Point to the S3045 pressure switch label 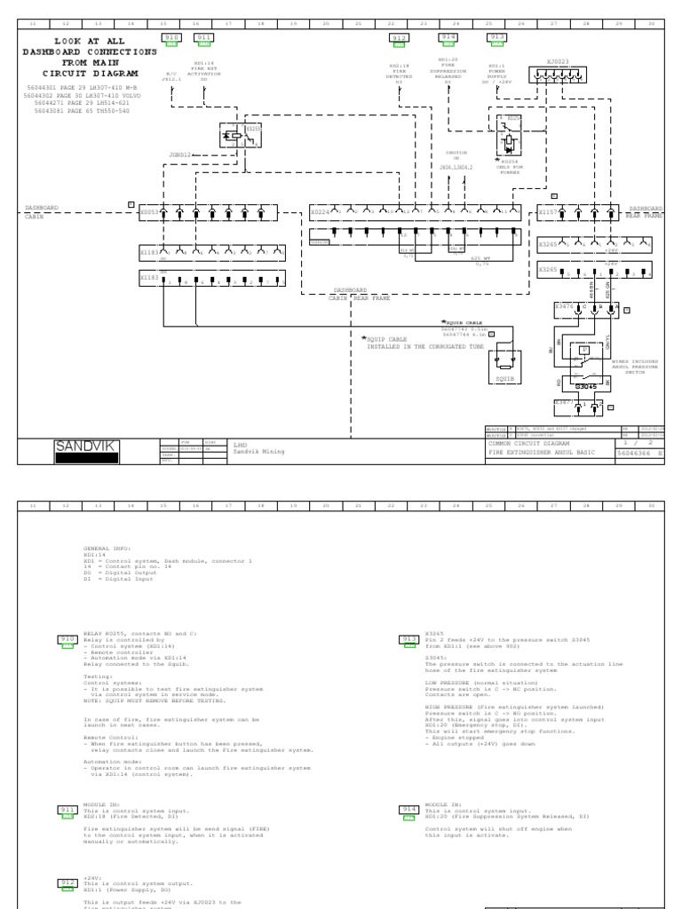click(585, 387)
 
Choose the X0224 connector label click(319, 212)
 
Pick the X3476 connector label click(563, 305)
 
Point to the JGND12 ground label click(180, 154)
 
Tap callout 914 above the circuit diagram click(448, 37)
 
